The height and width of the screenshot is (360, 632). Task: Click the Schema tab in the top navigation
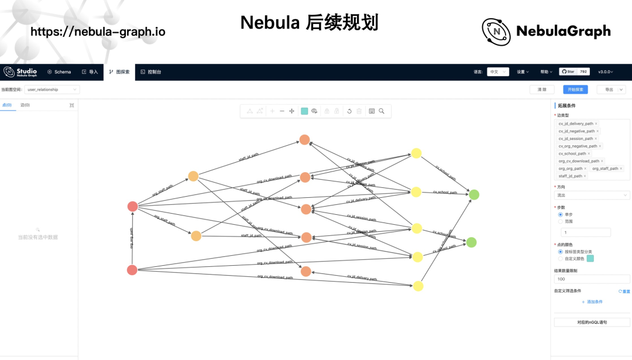pyautogui.click(x=59, y=72)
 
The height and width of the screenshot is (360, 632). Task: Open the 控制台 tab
pyautogui.click(x=151, y=72)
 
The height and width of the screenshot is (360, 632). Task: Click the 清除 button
pyautogui.click(x=542, y=90)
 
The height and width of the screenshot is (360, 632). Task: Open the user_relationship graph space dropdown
pyautogui.click(x=52, y=90)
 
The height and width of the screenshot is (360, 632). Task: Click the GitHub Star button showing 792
pyautogui.click(x=574, y=71)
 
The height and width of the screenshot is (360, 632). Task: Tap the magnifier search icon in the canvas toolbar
pyautogui.click(x=382, y=111)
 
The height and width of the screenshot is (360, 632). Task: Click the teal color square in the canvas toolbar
pyautogui.click(x=304, y=111)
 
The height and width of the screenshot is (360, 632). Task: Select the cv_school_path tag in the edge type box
pyautogui.click(x=573, y=153)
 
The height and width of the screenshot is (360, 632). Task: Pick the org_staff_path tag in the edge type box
pyautogui.click(x=605, y=169)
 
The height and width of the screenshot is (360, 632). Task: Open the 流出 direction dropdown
pyautogui.click(x=592, y=195)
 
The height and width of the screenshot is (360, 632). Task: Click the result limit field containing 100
pyautogui.click(x=592, y=279)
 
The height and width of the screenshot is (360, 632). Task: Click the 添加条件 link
pyautogui.click(x=592, y=301)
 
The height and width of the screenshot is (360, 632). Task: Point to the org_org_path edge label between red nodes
pyautogui.click(x=131, y=238)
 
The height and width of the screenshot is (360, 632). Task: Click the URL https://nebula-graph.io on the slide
pyautogui.click(x=98, y=32)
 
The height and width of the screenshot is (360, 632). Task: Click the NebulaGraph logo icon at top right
pyautogui.click(x=496, y=31)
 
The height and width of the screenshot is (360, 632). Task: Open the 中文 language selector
pyautogui.click(x=497, y=71)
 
